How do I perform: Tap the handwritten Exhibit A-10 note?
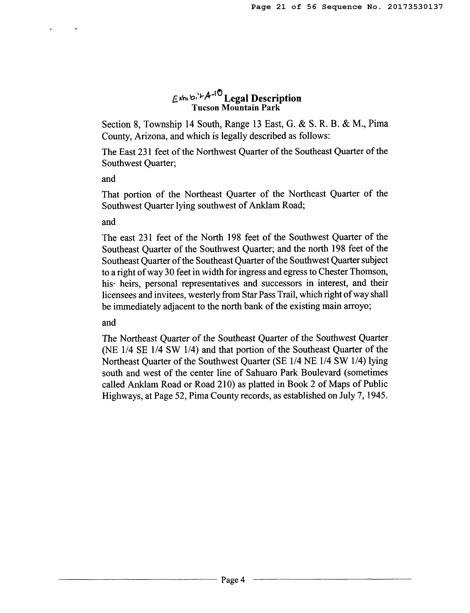point(197,97)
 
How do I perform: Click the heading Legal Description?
point(263,98)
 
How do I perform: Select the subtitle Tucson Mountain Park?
point(236,108)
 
